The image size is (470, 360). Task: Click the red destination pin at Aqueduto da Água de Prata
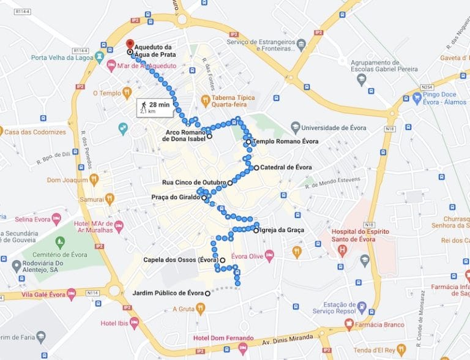(x=129, y=45)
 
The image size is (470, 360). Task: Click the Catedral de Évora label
(x=286, y=167)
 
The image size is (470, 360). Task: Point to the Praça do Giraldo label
(x=176, y=197)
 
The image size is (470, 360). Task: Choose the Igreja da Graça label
(x=282, y=230)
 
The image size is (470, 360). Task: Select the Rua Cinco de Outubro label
(x=194, y=182)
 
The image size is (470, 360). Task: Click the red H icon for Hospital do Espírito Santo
(x=342, y=250)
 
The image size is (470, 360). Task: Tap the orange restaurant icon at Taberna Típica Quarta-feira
(x=206, y=99)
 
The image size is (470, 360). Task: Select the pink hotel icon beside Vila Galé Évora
(x=71, y=293)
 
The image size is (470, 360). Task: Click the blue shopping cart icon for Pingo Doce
(x=417, y=97)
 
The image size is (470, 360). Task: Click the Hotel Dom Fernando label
(x=223, y=338)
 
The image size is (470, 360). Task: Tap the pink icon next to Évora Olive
(x=269, y=255)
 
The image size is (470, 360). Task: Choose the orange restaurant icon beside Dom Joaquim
(x=94, y=179)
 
